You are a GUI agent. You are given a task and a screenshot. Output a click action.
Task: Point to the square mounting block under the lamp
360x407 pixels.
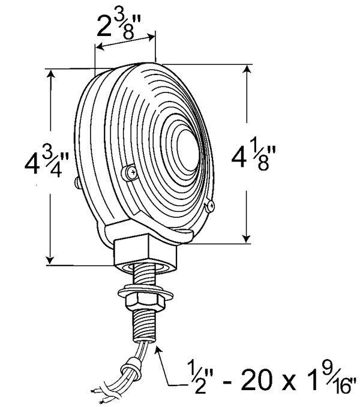tap(146, 252)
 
